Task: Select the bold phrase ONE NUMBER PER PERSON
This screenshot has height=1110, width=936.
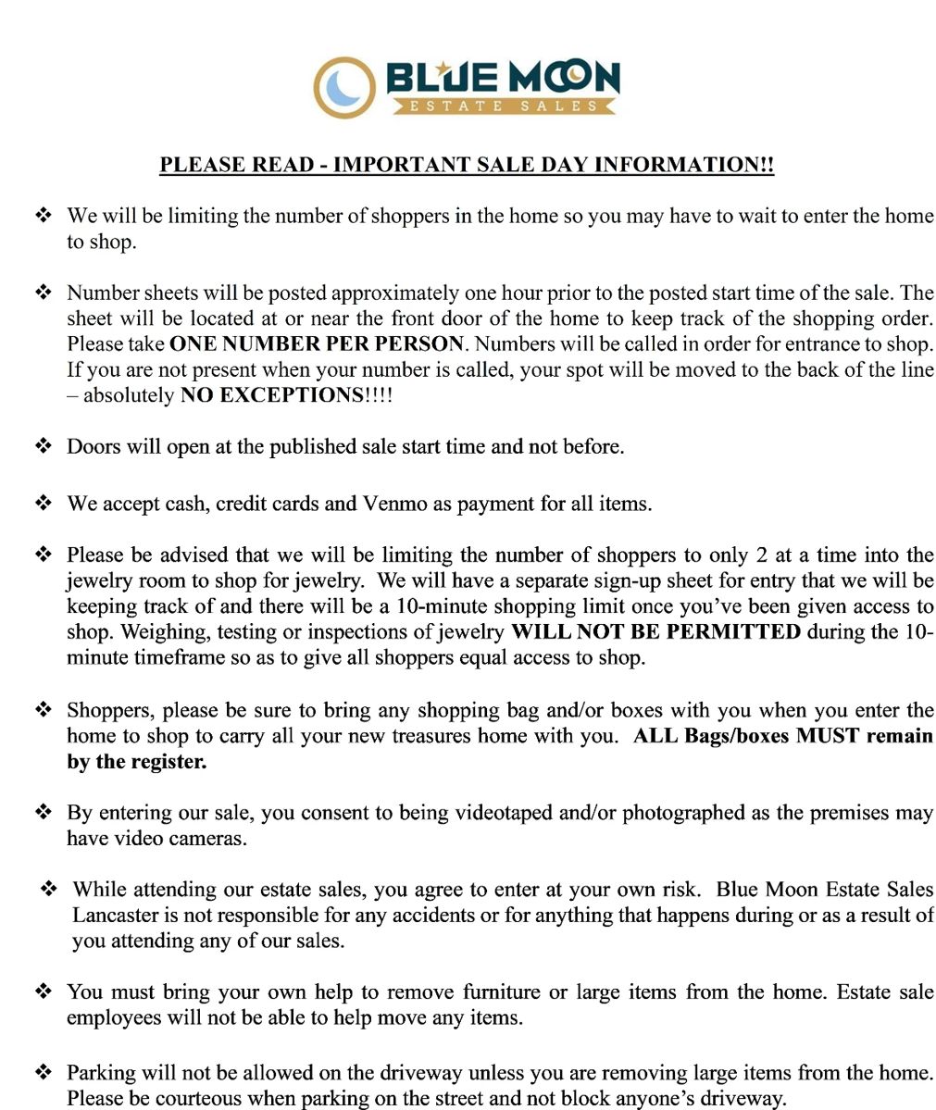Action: tap(316, 343)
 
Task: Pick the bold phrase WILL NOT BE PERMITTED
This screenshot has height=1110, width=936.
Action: tap(655, 632)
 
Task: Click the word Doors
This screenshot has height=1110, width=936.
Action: tap(93, 446)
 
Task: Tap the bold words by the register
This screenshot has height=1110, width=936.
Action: tap(137, 762)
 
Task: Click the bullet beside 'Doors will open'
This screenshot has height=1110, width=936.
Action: tap(43, 446)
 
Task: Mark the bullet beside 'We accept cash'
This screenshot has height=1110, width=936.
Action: tap(43, 504)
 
